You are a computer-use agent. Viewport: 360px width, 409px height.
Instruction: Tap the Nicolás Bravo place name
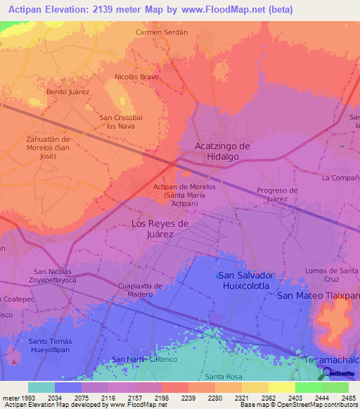(136, 77)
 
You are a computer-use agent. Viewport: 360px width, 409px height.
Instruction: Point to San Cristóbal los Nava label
(121, 122)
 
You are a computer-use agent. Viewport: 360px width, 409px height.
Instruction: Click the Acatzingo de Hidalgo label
(222, 151)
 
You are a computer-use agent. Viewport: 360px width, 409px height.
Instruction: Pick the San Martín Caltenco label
(145, 360)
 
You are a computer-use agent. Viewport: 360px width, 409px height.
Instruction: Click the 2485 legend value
(349, 398)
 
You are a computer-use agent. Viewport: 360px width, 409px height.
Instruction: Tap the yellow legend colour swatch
(282, 387)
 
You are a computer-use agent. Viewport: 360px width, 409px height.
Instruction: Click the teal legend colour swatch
(41, 387)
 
